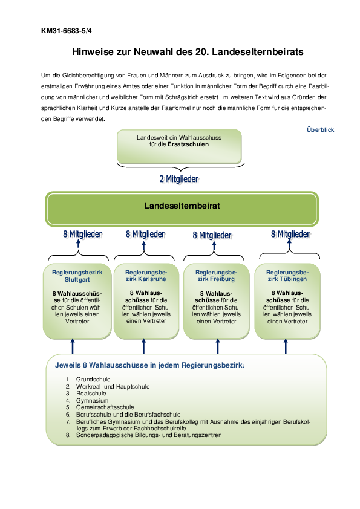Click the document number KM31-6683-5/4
(67, 31)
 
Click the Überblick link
(320, 129)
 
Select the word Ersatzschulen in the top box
(188, 144)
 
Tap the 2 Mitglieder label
(179, 179)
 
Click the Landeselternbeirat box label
(182, 206)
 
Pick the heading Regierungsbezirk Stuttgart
(77, 276)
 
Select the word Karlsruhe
(152, 279)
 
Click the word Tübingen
(293, 279)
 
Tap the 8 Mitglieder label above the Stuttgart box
(82, 234)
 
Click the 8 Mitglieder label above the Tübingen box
(290, 234)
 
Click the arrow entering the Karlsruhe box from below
(144, 346)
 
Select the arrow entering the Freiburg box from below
(218, 346)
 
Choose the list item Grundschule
(93, 380)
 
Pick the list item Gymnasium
(93, 401)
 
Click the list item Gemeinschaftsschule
(105, 407)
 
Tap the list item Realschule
(91, 394)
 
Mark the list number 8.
(68, 435)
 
